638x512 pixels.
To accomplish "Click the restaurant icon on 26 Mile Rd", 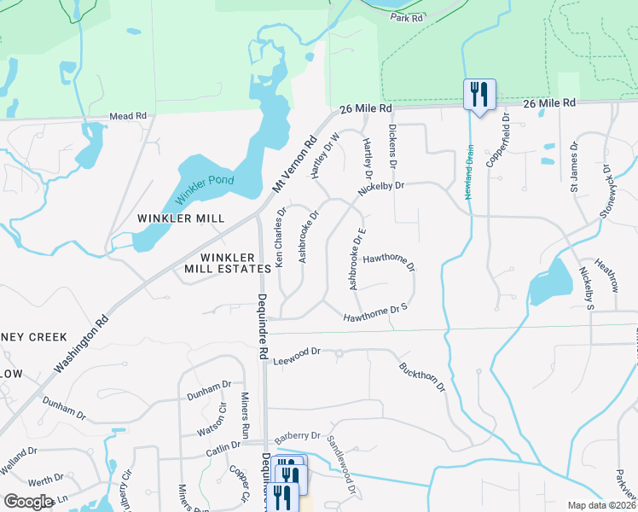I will click(x=478, y=93).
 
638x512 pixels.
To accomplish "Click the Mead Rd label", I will click(x=128, y=115).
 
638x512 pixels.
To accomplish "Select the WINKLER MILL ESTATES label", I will click(x=228, y=263).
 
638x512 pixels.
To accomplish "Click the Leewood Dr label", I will click(x=296, y=352).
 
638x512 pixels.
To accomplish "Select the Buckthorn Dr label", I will click(x=422, y=376).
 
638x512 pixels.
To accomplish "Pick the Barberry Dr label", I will click(x=297, y=435).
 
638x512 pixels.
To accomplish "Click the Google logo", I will click(x=29, y=502).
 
